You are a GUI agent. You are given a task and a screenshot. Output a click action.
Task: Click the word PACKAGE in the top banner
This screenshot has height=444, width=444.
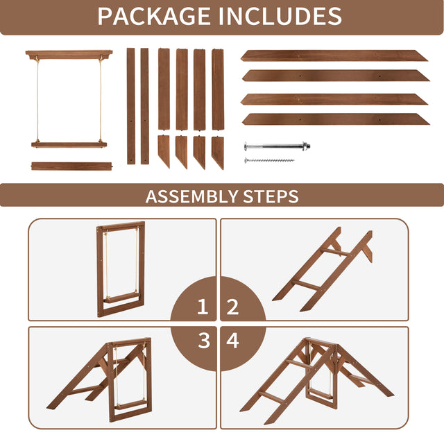pyautogui.click(x=154, y=16)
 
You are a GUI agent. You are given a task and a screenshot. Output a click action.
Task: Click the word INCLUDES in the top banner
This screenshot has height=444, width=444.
pyautogui.click(x=280, y=16)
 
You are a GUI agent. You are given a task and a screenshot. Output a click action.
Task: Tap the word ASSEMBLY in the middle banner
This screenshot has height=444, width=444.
pyautogui.click(x=191, y=196)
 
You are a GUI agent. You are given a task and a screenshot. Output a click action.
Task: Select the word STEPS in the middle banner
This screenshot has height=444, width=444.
pyautogui.click(x=271, y=196)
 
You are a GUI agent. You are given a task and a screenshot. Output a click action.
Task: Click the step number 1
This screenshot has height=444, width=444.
pyautogui.click(x=203, y=307)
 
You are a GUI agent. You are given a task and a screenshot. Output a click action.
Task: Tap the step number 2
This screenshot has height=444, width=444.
pyautogui.click(x=233, y=307)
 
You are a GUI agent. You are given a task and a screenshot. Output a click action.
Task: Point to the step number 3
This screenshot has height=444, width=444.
pyautogui.click(x=204, y=341)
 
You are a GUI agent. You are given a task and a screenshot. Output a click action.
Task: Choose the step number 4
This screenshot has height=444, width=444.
pyautogui.click(x=233, y=341)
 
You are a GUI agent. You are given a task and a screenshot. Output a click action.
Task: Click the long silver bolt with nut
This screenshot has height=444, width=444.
pyautogui.click(x=277, y=146)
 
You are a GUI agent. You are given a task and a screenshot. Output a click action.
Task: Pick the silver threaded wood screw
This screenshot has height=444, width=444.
pyautogui.click(x=269, y=160)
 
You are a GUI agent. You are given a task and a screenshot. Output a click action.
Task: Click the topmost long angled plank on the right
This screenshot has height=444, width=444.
pyautogui.click(x=334, y=55)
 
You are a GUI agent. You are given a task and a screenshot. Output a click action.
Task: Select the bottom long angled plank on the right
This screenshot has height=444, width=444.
pyautogui.click(x=336, y=119)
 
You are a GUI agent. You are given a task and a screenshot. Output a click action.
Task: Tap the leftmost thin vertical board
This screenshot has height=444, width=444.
pyautogui.click(x=131, y=106)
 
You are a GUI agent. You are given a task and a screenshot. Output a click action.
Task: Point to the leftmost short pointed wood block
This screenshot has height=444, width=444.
pyautogui.click(x=164, y=151)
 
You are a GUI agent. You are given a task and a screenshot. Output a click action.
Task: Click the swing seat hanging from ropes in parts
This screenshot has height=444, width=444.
pyautogui.click(x=69, y=145)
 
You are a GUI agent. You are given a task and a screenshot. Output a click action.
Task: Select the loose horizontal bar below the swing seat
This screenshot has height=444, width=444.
pyautogui.click(x=72, y=166)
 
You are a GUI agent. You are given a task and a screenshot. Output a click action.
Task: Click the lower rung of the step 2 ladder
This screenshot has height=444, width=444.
pyautogui.click(x=306, y=284)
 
